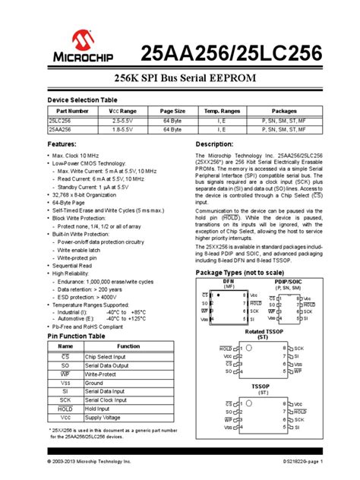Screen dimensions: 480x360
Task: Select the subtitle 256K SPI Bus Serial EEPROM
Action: coord(180,81)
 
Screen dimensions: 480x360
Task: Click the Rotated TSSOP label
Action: coord(263,332)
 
